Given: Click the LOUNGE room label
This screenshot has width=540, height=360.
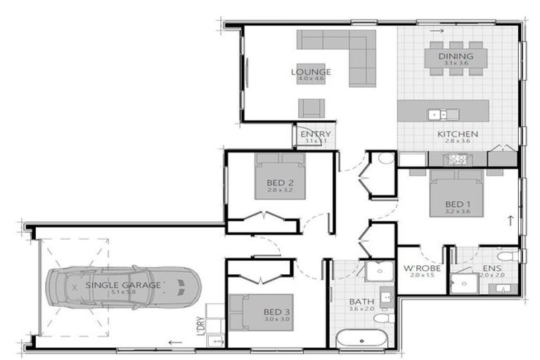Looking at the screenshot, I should click(x=311, y=72).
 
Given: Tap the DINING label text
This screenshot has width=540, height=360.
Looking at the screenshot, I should click(x=456, y=56).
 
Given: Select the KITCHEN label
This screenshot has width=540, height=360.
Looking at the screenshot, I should click(x=457, y=134).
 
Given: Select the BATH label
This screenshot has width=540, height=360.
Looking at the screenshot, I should click(x=362, y=303).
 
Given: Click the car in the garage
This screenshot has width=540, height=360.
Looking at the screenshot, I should click(x=123, y=287).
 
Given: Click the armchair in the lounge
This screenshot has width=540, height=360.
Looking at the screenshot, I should click(x=311, y=108).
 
